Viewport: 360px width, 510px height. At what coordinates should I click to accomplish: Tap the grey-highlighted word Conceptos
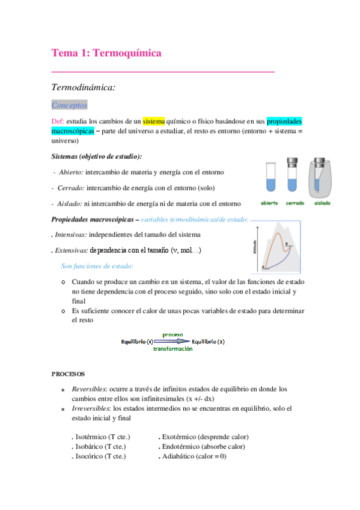(x=70, y=105)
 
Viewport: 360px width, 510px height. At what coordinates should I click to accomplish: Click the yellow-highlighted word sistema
(x=153, y=121)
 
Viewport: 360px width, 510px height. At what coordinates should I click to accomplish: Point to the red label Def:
(x=58, y=121)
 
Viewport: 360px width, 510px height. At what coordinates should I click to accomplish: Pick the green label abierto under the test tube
(x=269, y=203)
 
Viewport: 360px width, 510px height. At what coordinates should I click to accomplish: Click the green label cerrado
(x=294, y=203)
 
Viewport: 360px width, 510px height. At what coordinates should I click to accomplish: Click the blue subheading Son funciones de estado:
(x=97, y=266)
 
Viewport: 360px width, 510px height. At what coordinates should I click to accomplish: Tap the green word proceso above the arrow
(x=172, y=334)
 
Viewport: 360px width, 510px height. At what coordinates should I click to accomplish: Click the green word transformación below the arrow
(x=172, y=349)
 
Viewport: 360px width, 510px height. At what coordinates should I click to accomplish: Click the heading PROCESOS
(x=68, y=373)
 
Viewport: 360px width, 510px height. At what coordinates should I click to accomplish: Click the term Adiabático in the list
(x=180, y=456)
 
